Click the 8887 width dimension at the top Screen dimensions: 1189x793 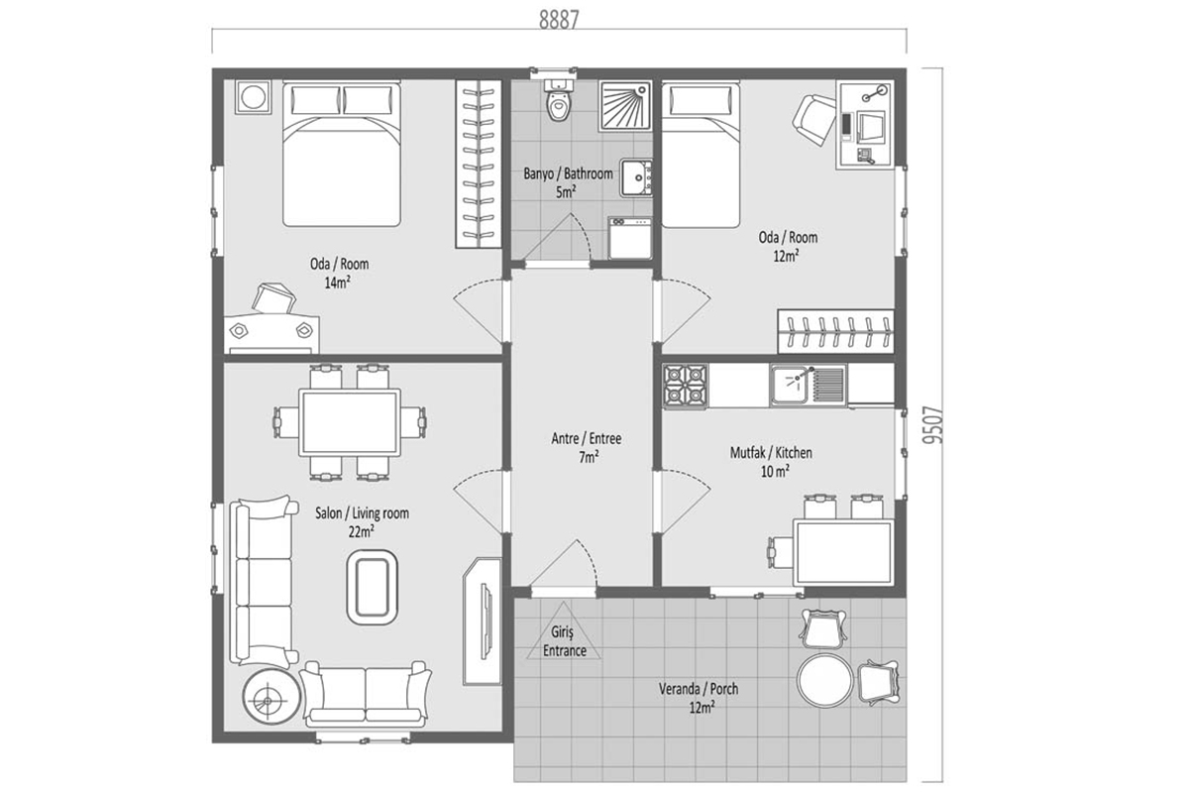[559, 20]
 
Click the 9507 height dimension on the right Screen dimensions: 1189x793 [933, 425]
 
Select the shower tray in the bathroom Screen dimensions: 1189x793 [625, 106]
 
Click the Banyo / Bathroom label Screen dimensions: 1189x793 [568, 173]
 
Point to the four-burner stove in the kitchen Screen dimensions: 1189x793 [685, 387]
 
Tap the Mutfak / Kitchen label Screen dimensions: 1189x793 [771, 453]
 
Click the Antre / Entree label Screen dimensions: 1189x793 [586, 439]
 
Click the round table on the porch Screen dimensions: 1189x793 [824, 681]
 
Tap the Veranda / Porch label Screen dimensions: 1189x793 [699, 689]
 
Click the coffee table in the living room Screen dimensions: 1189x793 [373, 587]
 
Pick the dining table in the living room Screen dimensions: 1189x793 [350, 423]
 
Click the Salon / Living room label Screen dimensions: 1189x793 [362, 513]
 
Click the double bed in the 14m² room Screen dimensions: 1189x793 [341, 154]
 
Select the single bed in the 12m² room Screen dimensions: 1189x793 [701, 154]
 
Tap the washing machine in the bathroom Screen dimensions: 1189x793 [629, 238]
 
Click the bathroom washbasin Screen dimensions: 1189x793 [636, 178]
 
